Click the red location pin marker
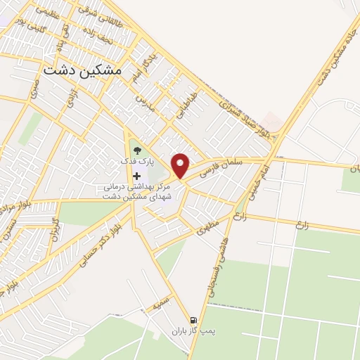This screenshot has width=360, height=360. coord(181,165)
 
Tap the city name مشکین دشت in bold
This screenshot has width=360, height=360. coord(82,70)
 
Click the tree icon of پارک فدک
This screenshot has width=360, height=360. coord(136,149)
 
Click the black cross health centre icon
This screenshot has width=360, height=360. coord(136,175)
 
